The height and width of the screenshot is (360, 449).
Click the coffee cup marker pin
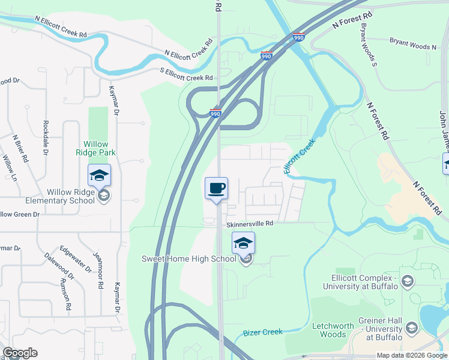(x=217, y=188)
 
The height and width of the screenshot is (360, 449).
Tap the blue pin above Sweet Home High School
(x=243, y=243)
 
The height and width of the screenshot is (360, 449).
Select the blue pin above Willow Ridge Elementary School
(x=99, y=175)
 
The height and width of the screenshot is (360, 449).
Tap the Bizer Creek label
(x=263, y=332)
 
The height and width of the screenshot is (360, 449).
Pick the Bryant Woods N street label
(x=413, y=44)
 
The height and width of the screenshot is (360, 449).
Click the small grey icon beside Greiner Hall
(x=412, y=328)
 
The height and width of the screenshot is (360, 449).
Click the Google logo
(x=20, y=353)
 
